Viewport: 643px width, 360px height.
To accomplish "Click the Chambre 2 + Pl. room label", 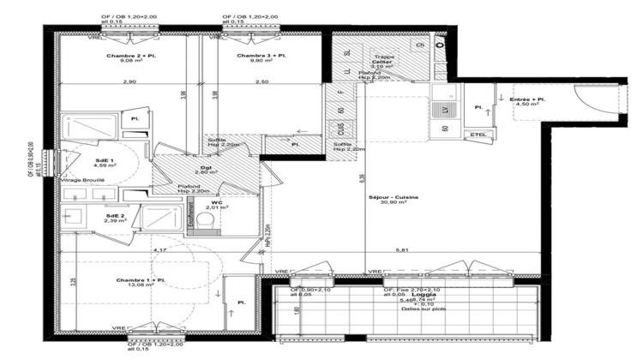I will point(132,55).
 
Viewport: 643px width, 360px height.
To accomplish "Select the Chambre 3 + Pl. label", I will point(262,55).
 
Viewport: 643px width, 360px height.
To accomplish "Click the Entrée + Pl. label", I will point(529,100).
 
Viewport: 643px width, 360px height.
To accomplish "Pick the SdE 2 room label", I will point(115,215).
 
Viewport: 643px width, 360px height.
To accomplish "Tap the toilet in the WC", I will point(204,221).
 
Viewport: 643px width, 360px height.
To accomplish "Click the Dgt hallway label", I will point(207,167).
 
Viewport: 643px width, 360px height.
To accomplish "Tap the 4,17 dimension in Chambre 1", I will point(159,249).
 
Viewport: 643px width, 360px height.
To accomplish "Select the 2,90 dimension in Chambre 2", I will point(129,81).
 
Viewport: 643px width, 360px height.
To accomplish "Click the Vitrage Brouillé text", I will point(82,181).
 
